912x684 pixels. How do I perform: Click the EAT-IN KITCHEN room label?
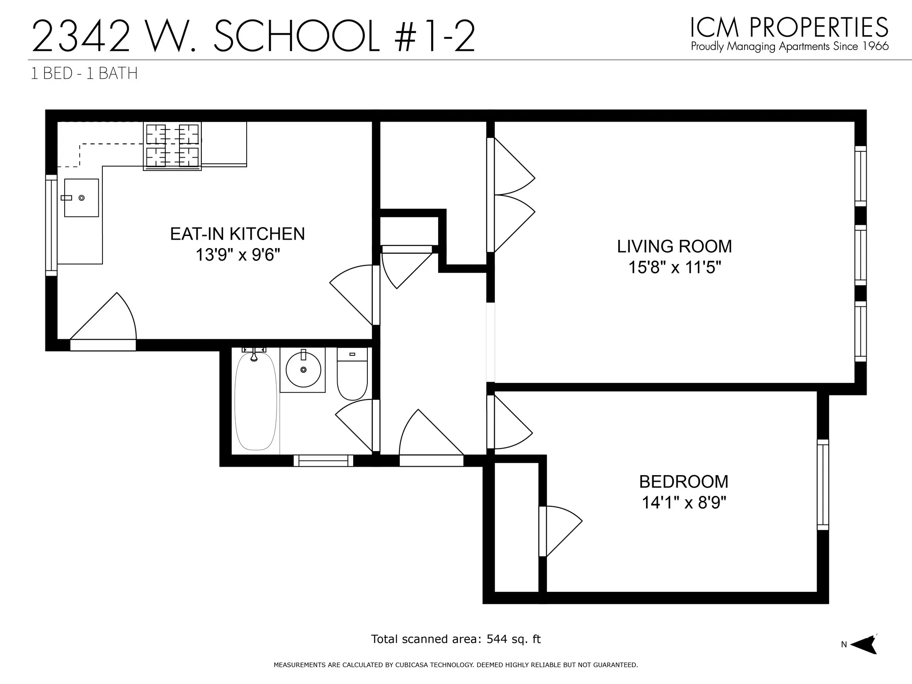coord(237,234)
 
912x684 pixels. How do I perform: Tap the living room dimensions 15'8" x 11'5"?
coord(674,268)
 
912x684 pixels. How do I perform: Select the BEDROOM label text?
coord(684,481)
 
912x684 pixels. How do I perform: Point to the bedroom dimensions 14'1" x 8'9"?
coord(684,503)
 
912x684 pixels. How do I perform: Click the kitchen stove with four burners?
coord(172,146)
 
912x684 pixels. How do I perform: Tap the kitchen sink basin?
coord(81,198)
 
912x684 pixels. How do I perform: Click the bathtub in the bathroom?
coord(255,401)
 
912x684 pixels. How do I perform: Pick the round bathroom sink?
coord(303,370)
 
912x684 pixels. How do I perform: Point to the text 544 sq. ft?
coord(513,639)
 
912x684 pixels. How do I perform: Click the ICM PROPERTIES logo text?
coord(789,28)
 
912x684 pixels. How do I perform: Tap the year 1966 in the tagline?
coord(874,46)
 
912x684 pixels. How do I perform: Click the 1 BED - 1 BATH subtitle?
coord(84,73)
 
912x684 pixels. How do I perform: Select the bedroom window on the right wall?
coord(823,484)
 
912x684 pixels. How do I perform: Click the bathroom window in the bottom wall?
coord(323,460)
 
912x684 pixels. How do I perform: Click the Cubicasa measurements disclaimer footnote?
coord(456,665)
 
